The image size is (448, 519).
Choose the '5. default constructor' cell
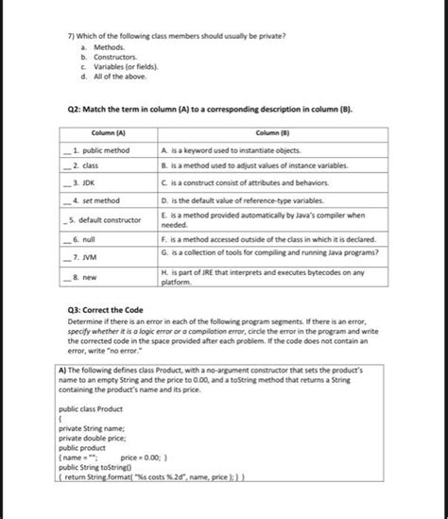109,219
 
